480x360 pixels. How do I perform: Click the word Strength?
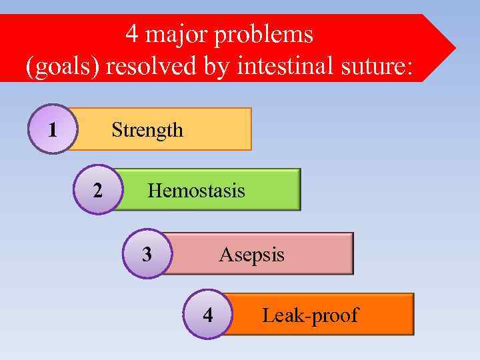[x=147, y=129]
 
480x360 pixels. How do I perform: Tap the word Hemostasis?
[x=196, y=191]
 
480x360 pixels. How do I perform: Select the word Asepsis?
[x=251, y=255]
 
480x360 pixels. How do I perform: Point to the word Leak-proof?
[x=310, y=315]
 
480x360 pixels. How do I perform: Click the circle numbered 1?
[x=53, y=129]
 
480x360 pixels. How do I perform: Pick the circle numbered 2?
[x=97, y=190]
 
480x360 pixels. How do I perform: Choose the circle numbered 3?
[x=147, y=254]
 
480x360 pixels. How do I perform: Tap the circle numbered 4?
[x=208, y=315]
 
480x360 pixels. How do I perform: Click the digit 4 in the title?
[x=132, y=34]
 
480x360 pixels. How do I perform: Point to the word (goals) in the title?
[x=61, y=67]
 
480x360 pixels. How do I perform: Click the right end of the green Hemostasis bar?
[x=299, y=189]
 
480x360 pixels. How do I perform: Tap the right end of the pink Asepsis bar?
[x=351, y=253]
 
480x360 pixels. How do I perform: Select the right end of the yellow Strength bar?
[x=250, y=129]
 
